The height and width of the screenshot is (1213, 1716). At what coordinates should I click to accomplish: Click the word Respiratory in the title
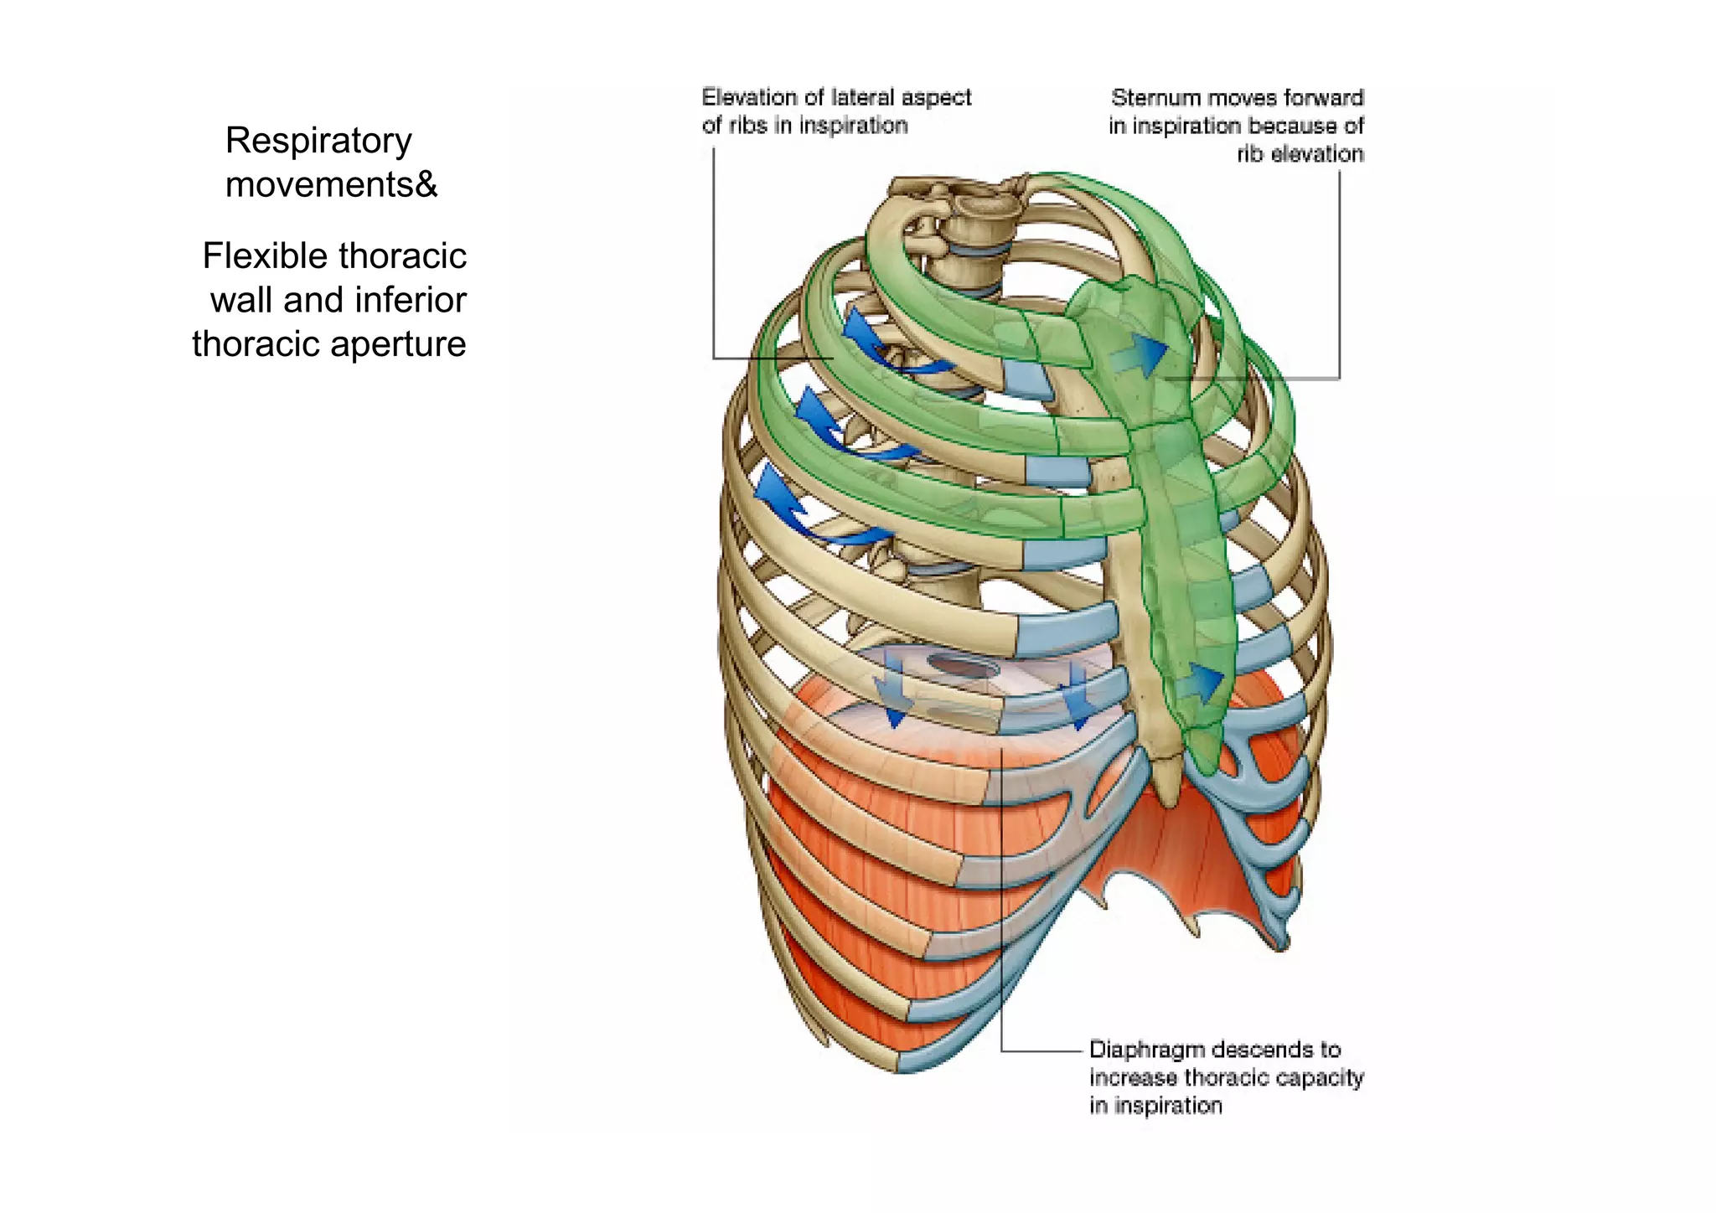[318, 141]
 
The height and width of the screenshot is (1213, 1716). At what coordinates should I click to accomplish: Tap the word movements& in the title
[331, 184]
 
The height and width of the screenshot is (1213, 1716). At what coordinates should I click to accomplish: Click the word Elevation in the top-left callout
[749, 98]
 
